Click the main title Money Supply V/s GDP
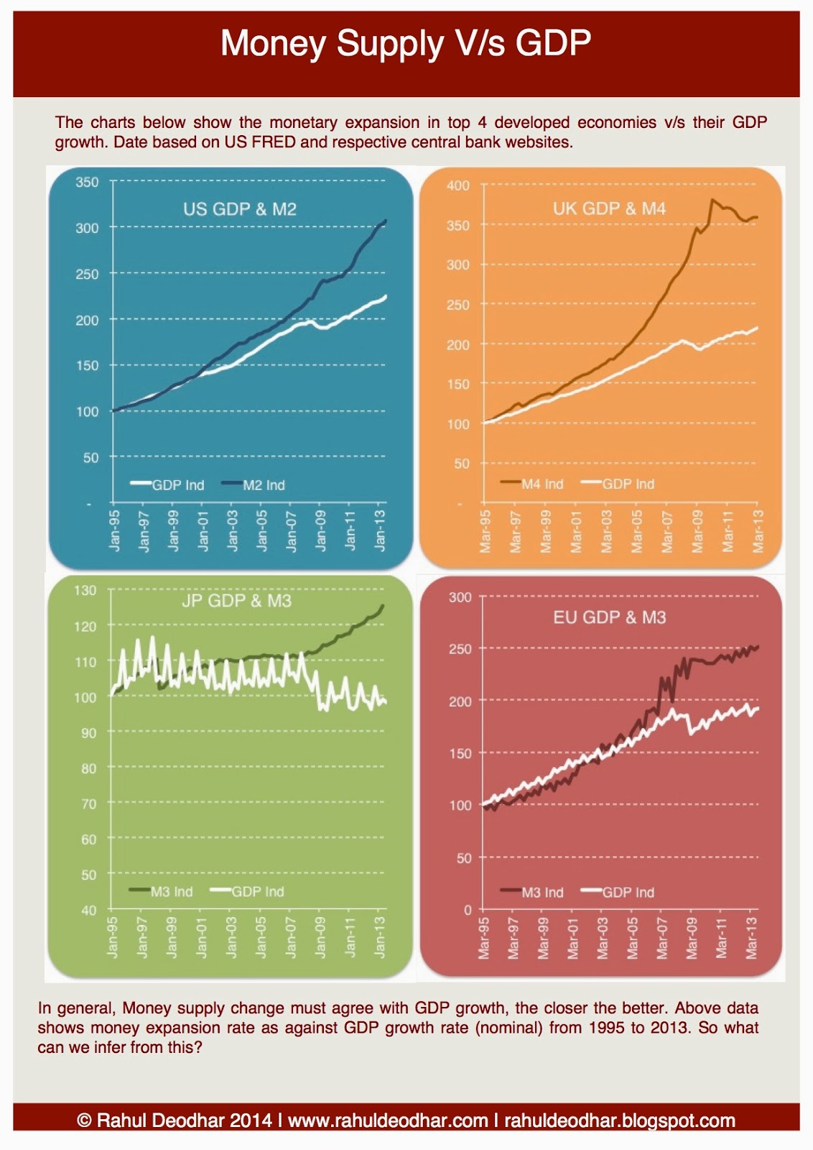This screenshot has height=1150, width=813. (406, 43)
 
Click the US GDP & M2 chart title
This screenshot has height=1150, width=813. (240, 209)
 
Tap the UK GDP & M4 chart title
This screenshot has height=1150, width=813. (609, 208)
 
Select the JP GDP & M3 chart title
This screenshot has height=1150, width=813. (236, 601)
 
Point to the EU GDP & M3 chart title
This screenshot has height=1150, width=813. (609, 617)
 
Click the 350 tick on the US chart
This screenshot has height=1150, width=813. (87, 182)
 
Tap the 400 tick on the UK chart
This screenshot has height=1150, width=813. (457, 185)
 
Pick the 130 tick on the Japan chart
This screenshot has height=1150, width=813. (85, 590)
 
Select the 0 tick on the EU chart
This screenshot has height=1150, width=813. (468, 910)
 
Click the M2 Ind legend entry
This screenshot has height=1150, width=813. (263, 485)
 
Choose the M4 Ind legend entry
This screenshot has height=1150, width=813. (542, 484)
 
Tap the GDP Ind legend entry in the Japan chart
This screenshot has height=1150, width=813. (257, 891)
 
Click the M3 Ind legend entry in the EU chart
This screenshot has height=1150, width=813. (542, 892)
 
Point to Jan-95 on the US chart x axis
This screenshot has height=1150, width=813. (115, 530)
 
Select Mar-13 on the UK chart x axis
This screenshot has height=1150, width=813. (758, 532)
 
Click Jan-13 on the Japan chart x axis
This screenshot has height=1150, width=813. (381, 937)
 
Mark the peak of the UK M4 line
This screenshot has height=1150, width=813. (712, 200)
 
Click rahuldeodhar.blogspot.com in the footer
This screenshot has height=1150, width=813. (619, 1121)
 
